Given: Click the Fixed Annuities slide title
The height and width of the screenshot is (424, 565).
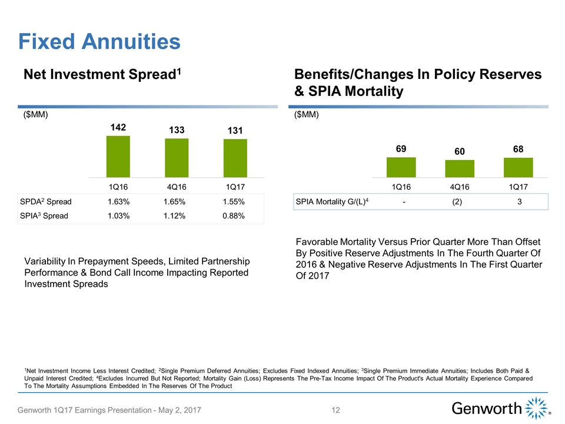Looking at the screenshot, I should [x=99, y=41].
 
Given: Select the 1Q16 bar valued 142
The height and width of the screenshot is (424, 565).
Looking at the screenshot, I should [x=118, y=156].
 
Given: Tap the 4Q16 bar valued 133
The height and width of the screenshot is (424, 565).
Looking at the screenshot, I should [x=177, y=157].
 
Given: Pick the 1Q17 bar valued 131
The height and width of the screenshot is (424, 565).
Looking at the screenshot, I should [x=235, y=158].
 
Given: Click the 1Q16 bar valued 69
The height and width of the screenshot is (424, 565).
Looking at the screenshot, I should [x=401, y=167].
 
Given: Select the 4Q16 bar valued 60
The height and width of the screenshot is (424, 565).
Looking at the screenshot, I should [x=460, y=168].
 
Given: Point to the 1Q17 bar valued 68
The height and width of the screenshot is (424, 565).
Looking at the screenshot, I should [x=519, y=167].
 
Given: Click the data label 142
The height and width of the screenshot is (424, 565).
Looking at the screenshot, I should [x=118, y=128].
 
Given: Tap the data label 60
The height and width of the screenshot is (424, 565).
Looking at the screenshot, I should [x=460, y=152].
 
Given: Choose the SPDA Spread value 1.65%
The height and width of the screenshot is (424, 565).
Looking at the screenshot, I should [x=175, y=202].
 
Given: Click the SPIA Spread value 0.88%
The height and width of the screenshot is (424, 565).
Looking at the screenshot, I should [x=234, y=216].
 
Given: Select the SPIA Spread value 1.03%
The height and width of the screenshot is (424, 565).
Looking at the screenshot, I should [x=119, y=216].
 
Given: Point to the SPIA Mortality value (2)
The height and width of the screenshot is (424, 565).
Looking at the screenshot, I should [x=460, y=202].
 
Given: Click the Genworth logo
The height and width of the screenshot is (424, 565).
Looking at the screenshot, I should [x=501, y=408].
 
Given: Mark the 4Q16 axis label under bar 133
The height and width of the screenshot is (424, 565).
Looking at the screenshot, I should [x=177, y=186].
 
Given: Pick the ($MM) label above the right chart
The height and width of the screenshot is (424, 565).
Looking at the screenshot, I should [x=306, y=115].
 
